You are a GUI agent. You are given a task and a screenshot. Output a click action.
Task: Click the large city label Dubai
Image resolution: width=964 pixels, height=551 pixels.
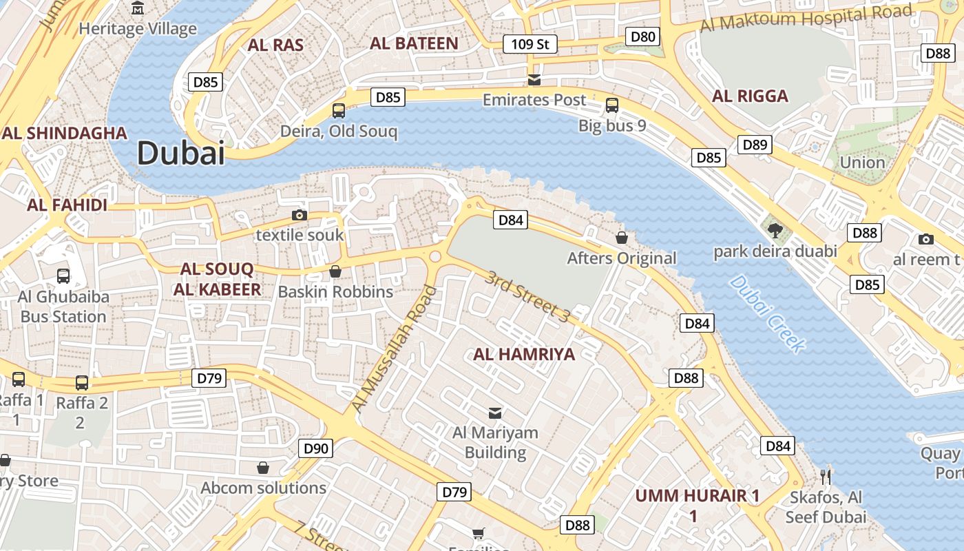point(181,152)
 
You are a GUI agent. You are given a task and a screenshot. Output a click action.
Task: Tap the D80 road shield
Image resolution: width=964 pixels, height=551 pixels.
point(642,37)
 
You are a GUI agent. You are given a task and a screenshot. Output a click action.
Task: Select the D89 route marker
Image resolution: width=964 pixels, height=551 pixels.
point(755,145)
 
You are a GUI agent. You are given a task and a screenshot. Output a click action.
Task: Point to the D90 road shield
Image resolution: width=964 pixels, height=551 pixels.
point(317,449)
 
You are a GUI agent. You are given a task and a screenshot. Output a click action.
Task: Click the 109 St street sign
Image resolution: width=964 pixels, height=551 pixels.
point(530,45)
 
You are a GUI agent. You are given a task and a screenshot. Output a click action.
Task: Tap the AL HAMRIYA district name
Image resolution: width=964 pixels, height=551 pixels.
point(524,354)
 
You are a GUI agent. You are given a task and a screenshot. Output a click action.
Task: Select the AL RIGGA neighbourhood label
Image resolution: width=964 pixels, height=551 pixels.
point(750,96)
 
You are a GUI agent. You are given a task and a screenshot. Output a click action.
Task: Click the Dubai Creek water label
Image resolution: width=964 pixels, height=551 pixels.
point(766,313)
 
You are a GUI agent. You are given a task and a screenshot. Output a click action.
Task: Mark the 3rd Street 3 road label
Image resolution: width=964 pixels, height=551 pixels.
point(527,296)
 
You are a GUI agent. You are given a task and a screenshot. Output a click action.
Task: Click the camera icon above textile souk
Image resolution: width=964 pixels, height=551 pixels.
point(300,215)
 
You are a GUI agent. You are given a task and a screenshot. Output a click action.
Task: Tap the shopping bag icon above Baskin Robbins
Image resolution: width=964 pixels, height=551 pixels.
point(335,271)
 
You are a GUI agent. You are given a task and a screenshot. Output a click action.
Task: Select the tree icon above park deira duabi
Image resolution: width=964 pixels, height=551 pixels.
point(775,230)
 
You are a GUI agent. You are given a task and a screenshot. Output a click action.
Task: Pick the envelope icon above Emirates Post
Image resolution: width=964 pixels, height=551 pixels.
point(534,79)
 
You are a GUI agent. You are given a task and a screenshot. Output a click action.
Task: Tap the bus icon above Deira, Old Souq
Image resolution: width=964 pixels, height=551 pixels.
point(339,110)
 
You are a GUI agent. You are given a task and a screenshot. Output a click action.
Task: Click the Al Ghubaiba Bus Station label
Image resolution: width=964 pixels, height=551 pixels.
point(63,306)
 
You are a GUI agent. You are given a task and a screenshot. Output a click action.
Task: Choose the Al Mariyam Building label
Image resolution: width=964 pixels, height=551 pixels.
point(495,442)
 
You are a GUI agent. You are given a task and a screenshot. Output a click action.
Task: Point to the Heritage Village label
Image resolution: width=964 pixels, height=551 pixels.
point(138,28)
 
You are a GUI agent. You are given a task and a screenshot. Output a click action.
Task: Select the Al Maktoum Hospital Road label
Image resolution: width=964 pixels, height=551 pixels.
point(806,17)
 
